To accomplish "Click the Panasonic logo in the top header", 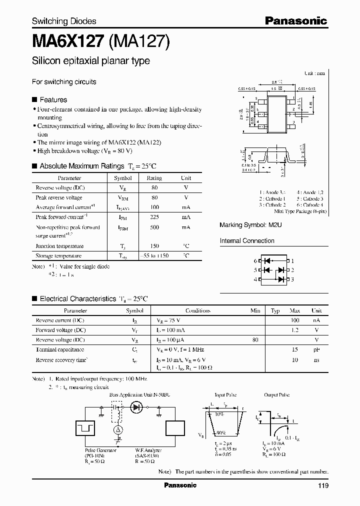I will (295, 20).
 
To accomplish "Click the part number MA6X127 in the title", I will (68, 40).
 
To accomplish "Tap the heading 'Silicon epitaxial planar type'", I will (90, 61).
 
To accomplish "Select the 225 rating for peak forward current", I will (154, 217).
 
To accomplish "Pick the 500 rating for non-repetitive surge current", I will (154, 227).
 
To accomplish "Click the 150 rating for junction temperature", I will (154, 245).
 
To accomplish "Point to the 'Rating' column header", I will (154, 178).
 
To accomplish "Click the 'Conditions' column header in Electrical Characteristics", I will (197, 310).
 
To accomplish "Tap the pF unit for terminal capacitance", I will (316, 349).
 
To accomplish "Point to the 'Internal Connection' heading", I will (247, 241).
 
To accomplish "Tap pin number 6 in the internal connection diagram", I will (255, 261).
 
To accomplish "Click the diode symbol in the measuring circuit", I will (136, 407).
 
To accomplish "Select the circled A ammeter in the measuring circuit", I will (118, 430).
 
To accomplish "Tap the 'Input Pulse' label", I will (225, 394).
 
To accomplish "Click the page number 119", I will (322, 485).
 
